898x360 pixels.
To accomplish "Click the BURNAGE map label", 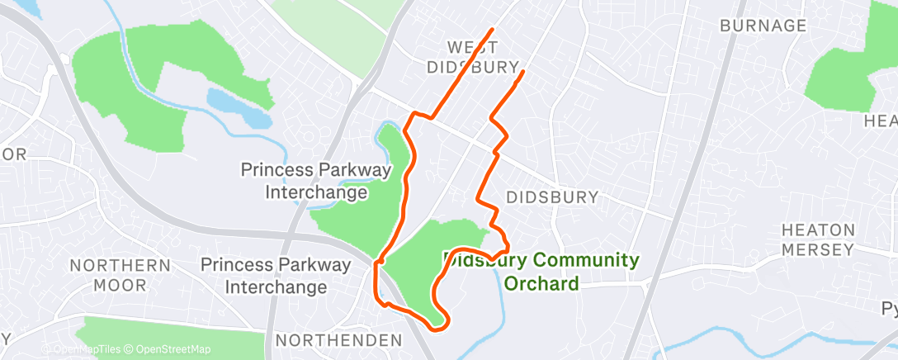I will [763, 26].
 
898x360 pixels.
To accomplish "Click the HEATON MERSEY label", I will [817, 239].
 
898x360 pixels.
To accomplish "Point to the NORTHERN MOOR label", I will [121, 276].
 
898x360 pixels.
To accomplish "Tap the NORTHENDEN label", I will [338, 340].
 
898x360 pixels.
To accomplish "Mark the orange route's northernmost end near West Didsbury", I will [493, 30].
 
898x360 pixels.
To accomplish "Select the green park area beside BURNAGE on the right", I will [846, 70].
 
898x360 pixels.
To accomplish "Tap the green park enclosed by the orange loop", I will [429, 264].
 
